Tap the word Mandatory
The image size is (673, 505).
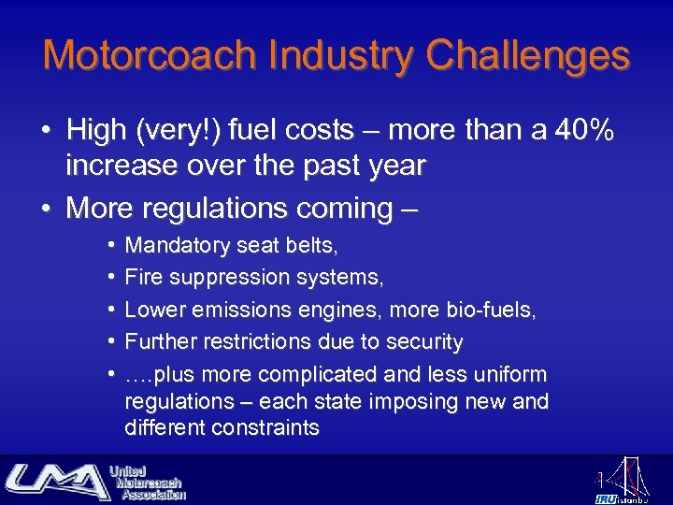(x=177, y=246)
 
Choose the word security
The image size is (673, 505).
(x=422, y=342)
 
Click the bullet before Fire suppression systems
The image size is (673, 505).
(x=110, y=278)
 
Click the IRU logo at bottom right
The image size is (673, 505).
(x=621, y=481)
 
